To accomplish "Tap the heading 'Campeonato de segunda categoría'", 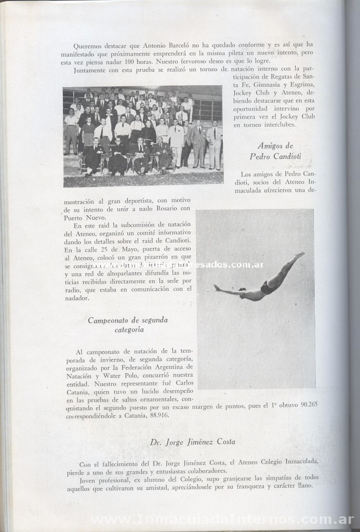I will click(127, 325).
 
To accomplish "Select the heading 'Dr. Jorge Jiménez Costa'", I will click(192, 442).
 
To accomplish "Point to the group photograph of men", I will click(143, 136).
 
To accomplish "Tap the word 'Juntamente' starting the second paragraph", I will click(92, 70).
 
